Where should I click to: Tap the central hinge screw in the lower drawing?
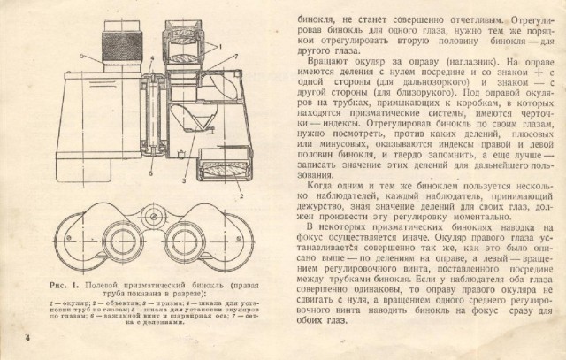(x=157, y=213)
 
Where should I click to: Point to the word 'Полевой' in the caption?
(x=96, y=286)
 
